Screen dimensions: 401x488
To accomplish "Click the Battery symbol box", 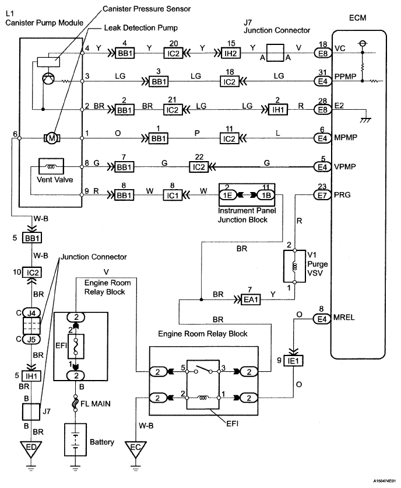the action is pos(75,440).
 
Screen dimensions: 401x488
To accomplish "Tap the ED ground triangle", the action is pos(31,449).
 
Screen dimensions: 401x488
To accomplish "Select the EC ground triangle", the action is pos(136,449).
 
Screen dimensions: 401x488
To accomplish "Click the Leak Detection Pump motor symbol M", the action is pos(52,138).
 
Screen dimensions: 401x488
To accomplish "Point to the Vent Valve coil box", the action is pos(51,166).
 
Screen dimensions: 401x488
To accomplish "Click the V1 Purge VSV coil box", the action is pos(295,266).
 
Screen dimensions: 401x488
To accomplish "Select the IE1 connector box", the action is pos(293,361).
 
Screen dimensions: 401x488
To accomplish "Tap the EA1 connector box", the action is pos(251,299).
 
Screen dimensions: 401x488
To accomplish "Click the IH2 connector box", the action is pos(230,53).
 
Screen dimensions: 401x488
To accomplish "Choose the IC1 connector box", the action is pos(173,195).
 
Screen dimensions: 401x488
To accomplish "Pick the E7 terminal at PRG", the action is pos(322,195).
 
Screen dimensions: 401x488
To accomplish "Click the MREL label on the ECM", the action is pos(344,318).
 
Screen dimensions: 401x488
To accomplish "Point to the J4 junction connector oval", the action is pos(31,312).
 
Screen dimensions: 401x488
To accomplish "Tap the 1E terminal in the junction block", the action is pos(228,195).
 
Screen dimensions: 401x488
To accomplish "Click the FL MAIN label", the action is pos(96,404).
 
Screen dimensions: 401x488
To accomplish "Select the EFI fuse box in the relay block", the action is pos(76,346).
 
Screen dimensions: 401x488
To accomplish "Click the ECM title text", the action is pos(357,18).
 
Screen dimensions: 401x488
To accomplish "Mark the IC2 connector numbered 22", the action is pos(199,167).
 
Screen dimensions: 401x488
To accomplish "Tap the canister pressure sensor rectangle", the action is pos(48,62).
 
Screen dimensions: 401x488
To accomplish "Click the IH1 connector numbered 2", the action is pos(278,110).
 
